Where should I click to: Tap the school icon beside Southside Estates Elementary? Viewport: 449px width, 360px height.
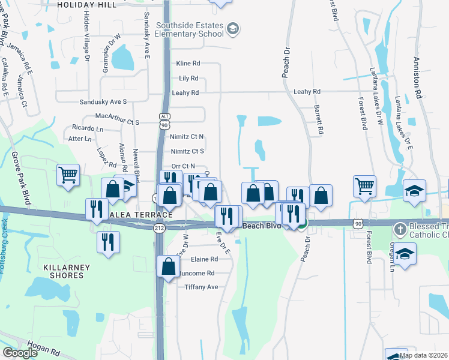(x=234, y=29)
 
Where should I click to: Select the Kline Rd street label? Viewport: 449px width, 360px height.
(x=188, y=63)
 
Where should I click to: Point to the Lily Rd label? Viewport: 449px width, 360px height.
(x=188, y=79)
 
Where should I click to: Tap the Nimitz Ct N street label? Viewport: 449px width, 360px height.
(x=187, y=137)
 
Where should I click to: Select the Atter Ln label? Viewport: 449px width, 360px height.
(x=80, y=139)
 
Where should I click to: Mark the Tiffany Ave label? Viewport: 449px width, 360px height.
(x=200, y=287)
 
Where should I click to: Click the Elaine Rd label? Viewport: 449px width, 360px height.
(x=204, y=259)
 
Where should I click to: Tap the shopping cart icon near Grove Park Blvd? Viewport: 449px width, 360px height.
(x=68, y=175)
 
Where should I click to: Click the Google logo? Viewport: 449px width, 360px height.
(x=20, y=353)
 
